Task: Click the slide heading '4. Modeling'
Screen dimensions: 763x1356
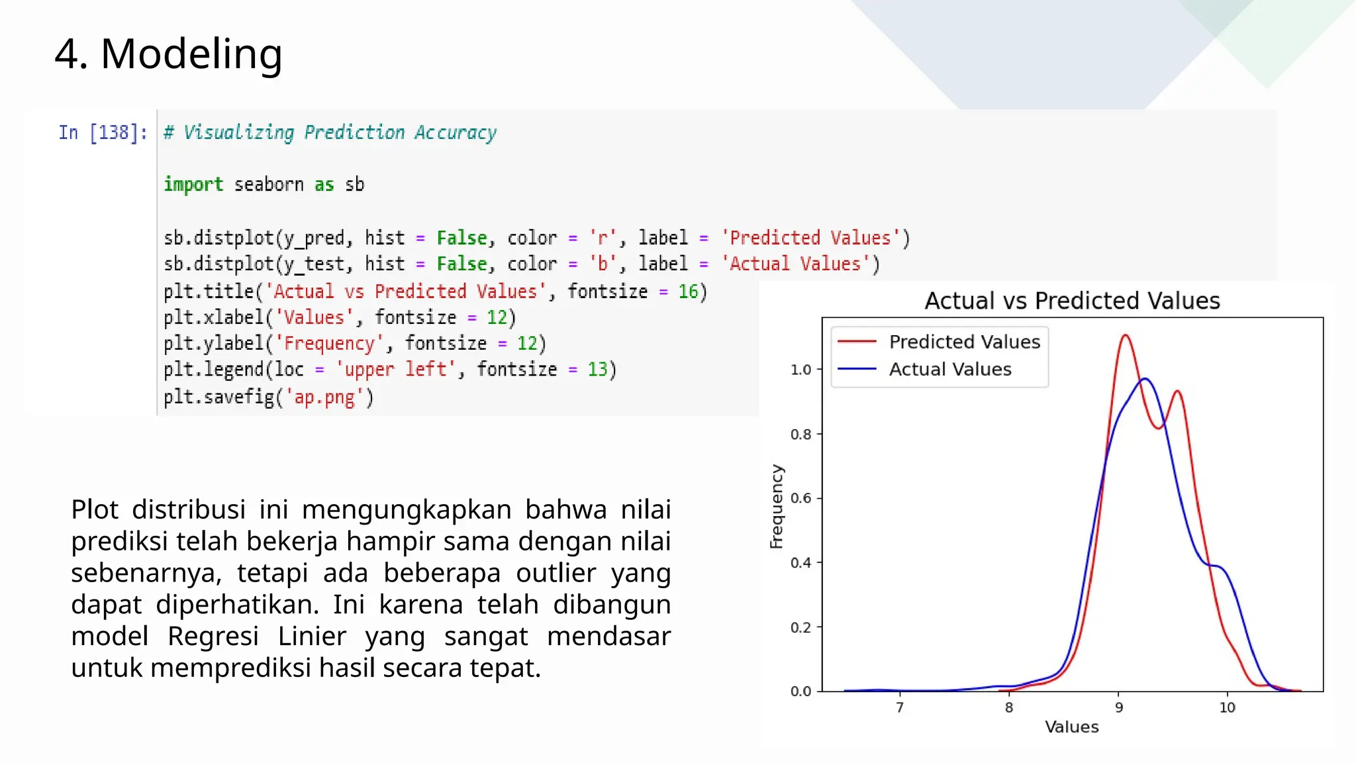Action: tap(168, 54)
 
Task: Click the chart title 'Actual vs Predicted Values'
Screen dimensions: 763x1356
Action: tap(1071, 301)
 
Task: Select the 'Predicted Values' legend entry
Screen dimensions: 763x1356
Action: tap(964, 342)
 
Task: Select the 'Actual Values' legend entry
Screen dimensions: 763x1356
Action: tap(949, 369)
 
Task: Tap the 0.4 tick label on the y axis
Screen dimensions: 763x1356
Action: tap(800, 563)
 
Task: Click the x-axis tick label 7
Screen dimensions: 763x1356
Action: tap(900, 707)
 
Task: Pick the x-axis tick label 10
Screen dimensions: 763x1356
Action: tap(1227, 707)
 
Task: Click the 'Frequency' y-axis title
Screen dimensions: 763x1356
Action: tap(776, 506)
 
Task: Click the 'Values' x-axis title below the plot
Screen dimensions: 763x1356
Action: tap(1071, 727)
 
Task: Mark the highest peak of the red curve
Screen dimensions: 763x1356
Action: tap(1126, 335)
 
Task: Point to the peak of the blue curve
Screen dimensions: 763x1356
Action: tap(1145, 379)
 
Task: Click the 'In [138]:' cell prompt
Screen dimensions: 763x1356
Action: tap(103, 132)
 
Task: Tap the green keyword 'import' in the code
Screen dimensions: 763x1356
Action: tap(193, 184)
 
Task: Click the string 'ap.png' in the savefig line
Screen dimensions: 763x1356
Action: tap(324, 397)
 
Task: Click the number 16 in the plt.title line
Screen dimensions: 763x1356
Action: tap(688, 291)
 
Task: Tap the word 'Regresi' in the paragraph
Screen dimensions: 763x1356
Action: tap(213, 636)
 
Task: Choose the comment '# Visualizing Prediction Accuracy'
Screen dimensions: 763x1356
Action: tap(330, 132)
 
